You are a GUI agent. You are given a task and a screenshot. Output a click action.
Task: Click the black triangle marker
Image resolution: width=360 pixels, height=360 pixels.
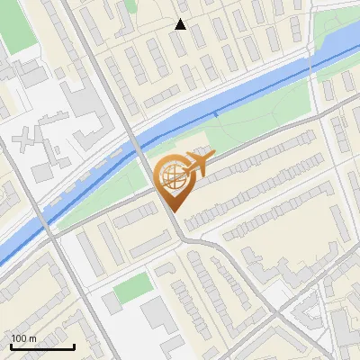[x=180, y=24]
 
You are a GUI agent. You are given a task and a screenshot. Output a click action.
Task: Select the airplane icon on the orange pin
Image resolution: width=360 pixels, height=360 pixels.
[x=199, y=163]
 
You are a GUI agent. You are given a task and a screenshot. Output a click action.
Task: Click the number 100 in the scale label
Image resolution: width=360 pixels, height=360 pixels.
[x=19, y=337]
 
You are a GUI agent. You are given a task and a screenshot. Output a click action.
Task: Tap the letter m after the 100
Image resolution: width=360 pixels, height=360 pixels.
[x=32, y=337]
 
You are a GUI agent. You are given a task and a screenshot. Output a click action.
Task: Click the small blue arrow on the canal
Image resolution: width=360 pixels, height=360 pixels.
[x=216, y=113]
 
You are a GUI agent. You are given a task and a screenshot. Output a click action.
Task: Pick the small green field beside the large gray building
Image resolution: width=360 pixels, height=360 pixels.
[x=134, y=287]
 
